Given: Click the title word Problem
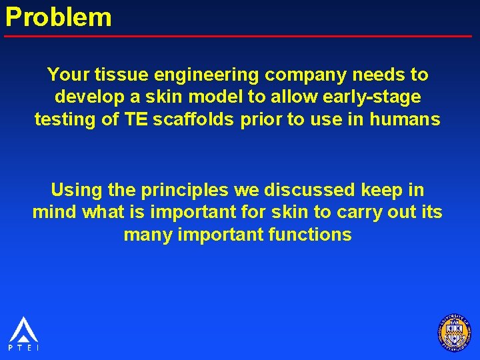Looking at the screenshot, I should click(59, 17).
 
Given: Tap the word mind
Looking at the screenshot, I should click(55, 213).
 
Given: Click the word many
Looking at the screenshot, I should click(148, 235).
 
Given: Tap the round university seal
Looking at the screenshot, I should click(454, 332).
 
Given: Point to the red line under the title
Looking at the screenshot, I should click(240, 35).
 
